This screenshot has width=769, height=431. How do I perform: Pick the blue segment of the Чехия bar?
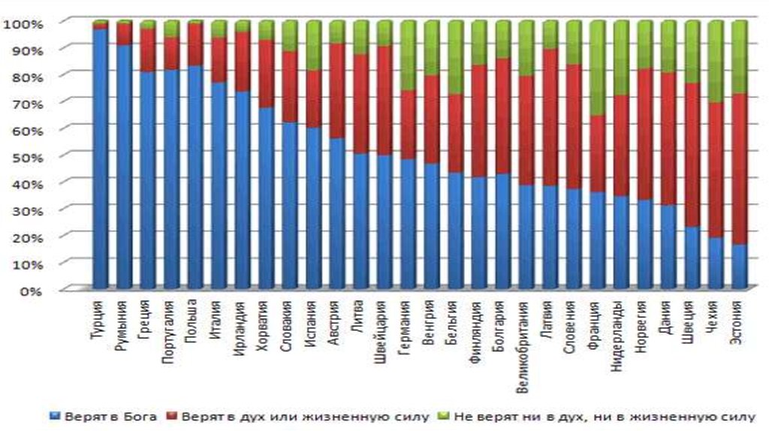716,263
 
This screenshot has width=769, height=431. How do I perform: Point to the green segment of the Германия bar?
408,56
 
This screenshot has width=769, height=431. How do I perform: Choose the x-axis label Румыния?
122,322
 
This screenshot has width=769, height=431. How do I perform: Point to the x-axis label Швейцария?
383,331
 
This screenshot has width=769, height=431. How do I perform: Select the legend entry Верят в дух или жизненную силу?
300,416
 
